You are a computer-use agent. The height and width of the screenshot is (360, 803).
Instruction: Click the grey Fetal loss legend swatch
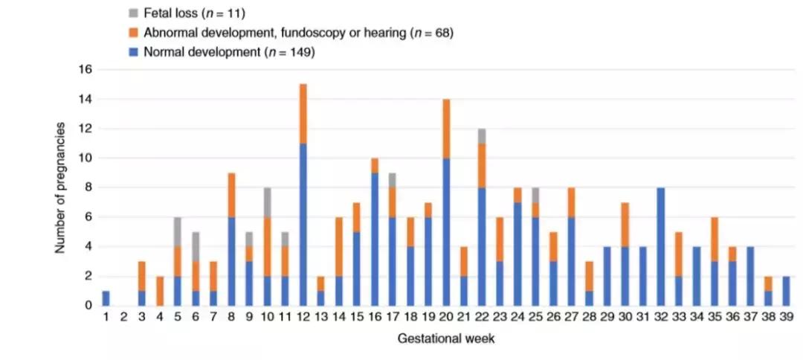click(132, 12)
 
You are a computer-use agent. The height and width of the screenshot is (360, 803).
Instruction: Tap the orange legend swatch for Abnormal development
click(132, 32)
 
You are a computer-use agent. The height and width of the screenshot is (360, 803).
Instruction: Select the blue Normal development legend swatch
click(132, 52)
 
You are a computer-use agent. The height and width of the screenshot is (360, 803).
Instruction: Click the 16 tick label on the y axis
click(84, 70)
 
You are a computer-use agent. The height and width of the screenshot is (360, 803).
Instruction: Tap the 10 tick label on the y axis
click(84, 158)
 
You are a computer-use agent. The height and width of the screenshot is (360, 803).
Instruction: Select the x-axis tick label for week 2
click(124, 318)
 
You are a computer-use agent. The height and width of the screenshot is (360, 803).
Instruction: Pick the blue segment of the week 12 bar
click(303, 224)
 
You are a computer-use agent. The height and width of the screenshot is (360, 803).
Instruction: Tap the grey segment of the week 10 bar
click(267, 202)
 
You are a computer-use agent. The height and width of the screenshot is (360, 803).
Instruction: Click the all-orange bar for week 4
click(161, 290)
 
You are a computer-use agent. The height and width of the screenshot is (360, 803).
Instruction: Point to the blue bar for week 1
click(106, 298)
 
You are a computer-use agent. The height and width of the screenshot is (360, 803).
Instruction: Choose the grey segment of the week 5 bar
click(178, 231)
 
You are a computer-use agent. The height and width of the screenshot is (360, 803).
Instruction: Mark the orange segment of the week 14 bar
click(338, 246)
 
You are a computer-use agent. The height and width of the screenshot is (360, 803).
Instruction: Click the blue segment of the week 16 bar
click(374, 239)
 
